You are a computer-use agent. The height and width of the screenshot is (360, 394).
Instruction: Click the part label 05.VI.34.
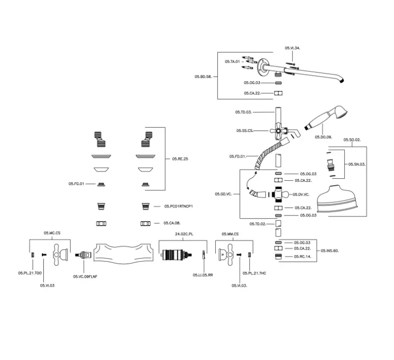292,48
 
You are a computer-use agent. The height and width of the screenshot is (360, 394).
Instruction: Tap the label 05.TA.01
232,62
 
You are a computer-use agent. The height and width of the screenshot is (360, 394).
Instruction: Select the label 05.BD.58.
203,76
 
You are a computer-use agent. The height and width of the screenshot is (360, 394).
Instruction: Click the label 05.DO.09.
323,137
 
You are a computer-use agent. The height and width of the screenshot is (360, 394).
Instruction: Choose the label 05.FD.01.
238,156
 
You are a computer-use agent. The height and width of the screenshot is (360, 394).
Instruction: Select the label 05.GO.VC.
223,195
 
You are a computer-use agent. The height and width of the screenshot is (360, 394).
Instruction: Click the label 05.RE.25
180,159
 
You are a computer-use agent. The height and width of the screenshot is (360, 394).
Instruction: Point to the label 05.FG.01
77,184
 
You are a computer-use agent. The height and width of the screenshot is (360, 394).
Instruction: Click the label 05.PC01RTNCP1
178,206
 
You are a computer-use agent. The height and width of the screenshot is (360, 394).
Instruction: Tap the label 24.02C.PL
183,234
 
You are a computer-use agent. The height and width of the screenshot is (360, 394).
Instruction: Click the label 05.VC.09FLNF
85,276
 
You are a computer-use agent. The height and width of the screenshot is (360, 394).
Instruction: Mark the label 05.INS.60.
329,251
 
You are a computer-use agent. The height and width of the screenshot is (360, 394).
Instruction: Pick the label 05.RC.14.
302,257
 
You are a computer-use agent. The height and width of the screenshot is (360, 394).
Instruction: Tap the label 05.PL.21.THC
255,273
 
